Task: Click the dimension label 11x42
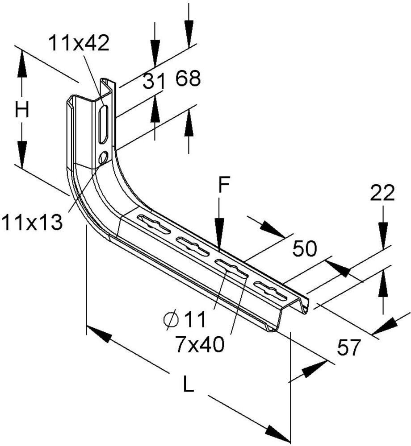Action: coord(79,43)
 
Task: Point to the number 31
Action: coord(154,81)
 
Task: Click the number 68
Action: coord(188,78)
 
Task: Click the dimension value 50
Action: coord(305,248)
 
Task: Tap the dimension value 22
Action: coord(382,193)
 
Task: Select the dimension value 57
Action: coord(349,347)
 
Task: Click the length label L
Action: coord(188,384)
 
